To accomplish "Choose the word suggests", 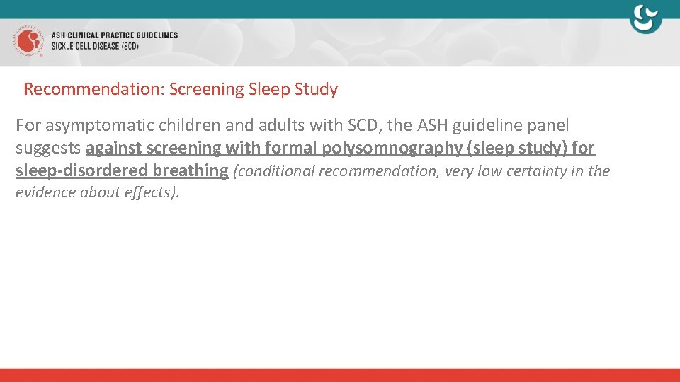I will pos(48,149).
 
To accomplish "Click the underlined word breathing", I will pos(191,170).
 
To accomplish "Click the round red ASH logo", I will pos(28,42).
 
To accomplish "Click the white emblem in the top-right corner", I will pos(646,18).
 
